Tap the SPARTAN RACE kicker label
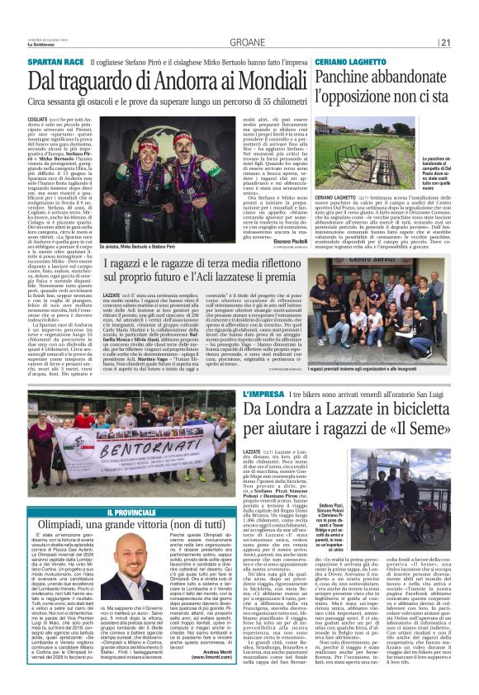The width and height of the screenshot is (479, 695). point(55,63)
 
